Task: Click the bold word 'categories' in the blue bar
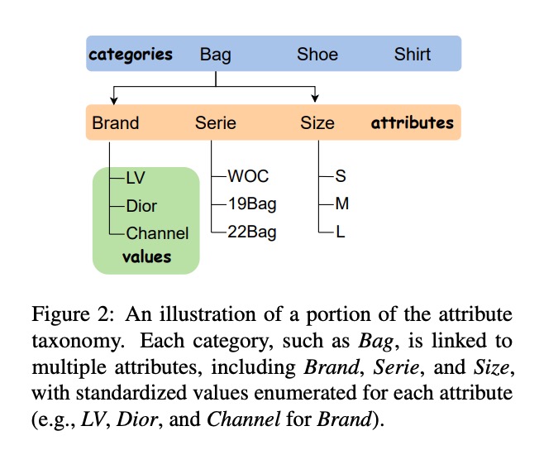tap(131, 55)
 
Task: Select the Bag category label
tap(215, 55)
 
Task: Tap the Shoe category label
tap(317, 55)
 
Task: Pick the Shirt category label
tap(412, 55)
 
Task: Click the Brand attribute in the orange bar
tap(116, 123)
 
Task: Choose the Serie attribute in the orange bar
tap(216, 123)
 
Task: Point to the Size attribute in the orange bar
tap(317, 123)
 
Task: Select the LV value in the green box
tap(136, 177)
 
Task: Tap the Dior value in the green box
tap(141, 205)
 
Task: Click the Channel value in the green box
tap(157, 233)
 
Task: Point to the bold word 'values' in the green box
tap(146, 256)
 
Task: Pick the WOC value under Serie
tap(247, 177)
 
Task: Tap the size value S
tap(339, 177)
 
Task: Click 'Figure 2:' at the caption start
tap(69, 315)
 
